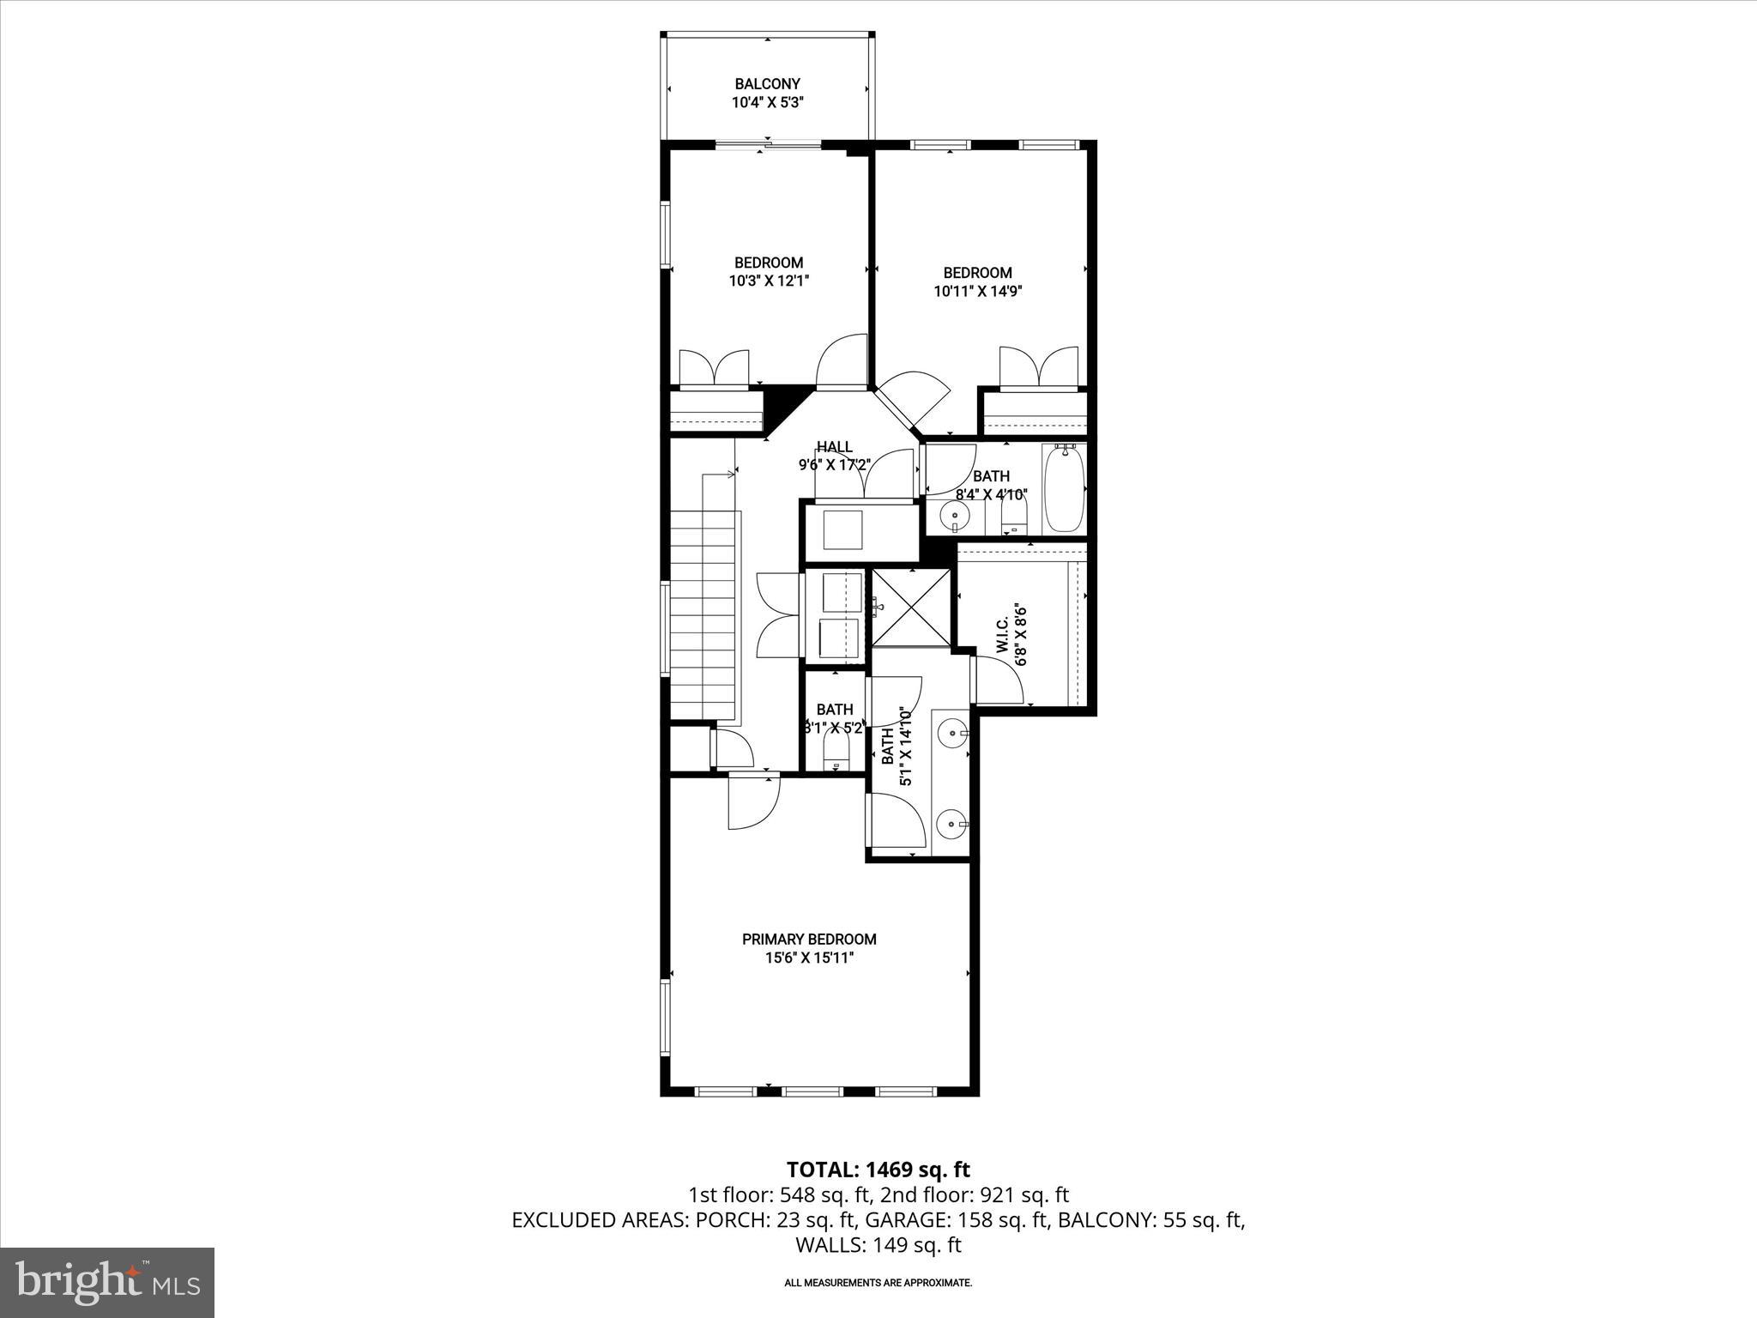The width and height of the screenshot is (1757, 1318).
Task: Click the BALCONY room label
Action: pyautogui.click(x=767, y=84)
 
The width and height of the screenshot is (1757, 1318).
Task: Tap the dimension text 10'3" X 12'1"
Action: pyautogui.click(x=770, y=281)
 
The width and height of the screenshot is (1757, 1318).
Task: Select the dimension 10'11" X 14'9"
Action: pyautogui.click(x=977, y=291)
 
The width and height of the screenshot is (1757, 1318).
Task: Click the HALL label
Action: pyautogui.click(x=834, y=447)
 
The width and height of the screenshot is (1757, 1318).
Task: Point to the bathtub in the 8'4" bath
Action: pyautogui.click(x=1064, y=489)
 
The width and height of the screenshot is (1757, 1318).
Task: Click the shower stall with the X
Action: pyautogui.click(x=911, y=608)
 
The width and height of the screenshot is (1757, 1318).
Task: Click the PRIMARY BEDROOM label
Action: pyautogui.click(x=809, y=940)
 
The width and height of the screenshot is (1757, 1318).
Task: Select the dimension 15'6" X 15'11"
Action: pyautogui.click(x=809, y=958)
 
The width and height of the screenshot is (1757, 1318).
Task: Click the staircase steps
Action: pyautogui.click(x=703, y=614)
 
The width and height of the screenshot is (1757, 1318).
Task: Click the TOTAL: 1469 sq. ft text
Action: pyautogui.click(x=878, y=1170)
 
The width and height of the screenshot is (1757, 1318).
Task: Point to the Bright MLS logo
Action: pyautogui.click(x=107, y=1283)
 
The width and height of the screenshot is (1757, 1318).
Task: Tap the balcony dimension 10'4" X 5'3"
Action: pyautogui.click(x=767, y=103)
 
